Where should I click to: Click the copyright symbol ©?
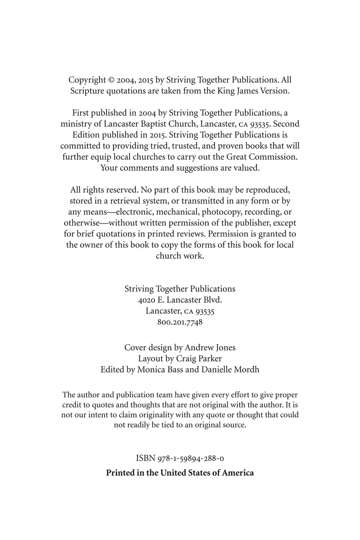coord(112,80)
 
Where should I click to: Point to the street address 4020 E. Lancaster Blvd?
coord(180,300)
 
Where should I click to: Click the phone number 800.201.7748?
coord(180,322)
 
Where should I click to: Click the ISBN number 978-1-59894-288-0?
coord(194,458)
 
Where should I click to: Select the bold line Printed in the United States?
coord(180,472)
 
